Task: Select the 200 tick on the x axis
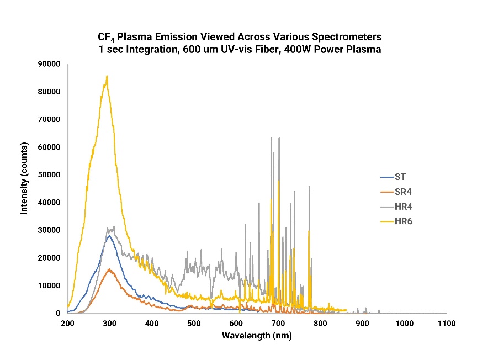[x=67, y=323]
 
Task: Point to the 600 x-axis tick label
[x=236, y=323]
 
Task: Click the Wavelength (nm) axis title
[x=256, y=336]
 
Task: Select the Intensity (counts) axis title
[x=25, y=188]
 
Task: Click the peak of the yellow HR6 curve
[x=107, y=76]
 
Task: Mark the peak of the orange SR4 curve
[x=109, y=269]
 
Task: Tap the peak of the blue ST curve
[x=109, y=236]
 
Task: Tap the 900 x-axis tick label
[x=362, y=323]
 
